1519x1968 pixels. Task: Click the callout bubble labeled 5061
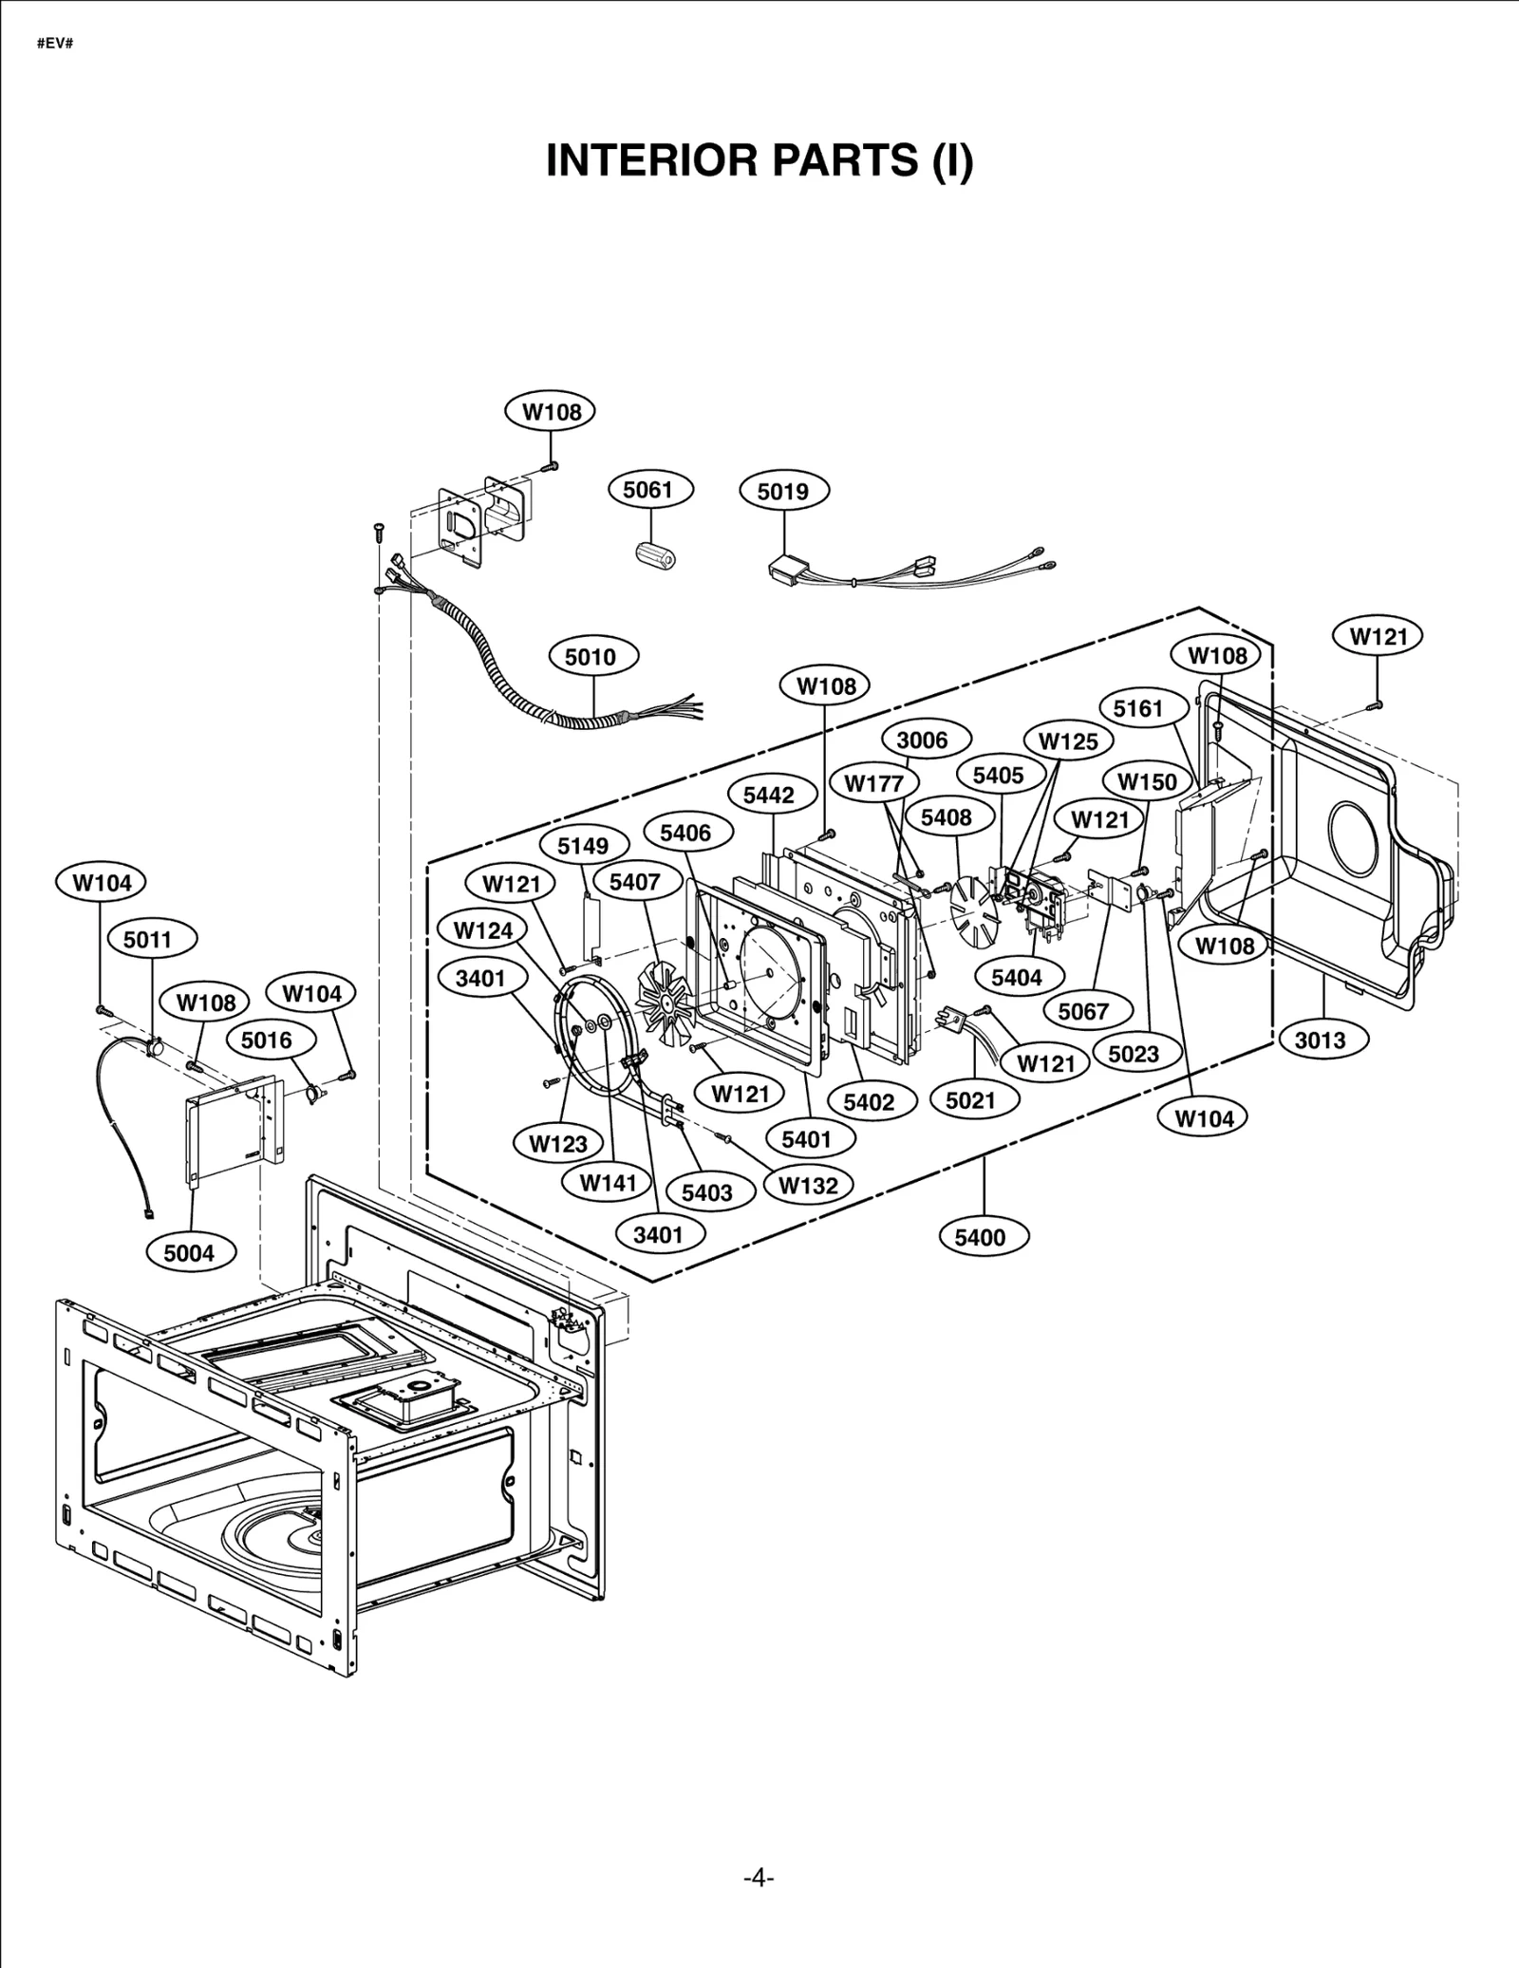[649, 490]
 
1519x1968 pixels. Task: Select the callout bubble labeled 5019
[783, 491]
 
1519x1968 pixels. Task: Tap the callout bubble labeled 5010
[593, 657]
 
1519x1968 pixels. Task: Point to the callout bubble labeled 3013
[1320, 1040]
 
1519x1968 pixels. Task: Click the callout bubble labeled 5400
[980, 1237]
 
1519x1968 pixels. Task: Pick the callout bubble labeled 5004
[190, 1253]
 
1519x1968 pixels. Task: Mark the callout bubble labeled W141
[608, 1183]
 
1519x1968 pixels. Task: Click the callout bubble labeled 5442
[768, 795]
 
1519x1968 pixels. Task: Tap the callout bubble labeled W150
[1147, 782]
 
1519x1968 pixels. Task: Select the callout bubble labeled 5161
[1137, 708]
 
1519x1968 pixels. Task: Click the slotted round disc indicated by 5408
[976, 909]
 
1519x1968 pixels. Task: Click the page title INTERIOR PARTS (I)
[759, 161]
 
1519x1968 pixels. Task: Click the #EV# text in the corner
[55, 45]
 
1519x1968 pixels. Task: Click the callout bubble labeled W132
[808, 1186]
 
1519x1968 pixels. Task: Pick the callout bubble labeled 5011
[148, 940]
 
